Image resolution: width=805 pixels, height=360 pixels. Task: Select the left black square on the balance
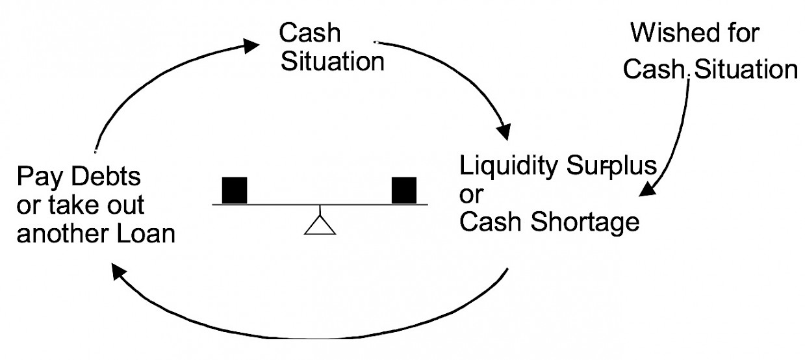[x=235, y=189]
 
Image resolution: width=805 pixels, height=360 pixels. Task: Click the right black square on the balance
[x=404, y=189]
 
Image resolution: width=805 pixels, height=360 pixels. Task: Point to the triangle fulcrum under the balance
[x=319, y=224]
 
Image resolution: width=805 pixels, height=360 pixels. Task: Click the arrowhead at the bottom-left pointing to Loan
[x=119, y=271]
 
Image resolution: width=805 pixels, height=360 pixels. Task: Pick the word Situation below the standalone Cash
[x=331, y=63]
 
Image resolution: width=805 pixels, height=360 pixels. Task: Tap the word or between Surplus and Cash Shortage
[x=470, y=195]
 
